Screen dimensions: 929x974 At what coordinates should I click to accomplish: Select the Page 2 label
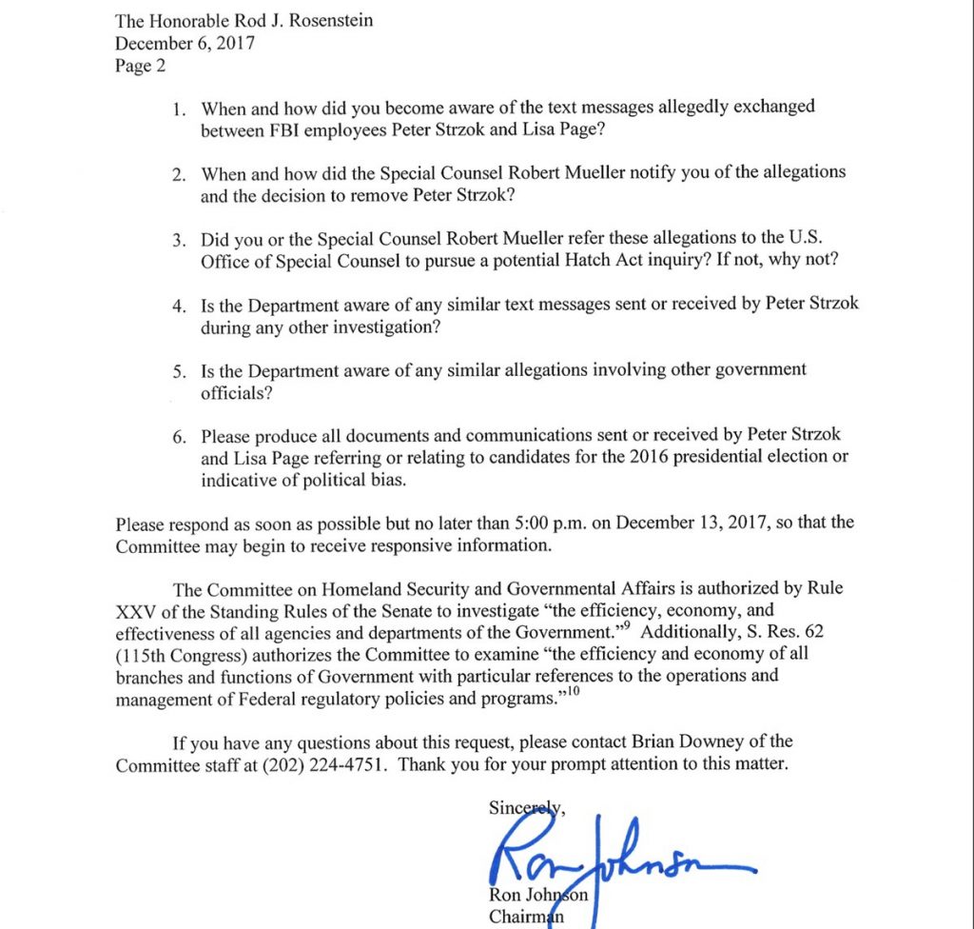(139, 63)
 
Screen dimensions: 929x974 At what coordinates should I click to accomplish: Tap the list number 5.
(178, 371)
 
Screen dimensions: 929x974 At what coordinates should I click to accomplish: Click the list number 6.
(178, 438)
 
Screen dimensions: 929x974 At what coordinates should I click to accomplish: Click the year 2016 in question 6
(649, 457)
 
